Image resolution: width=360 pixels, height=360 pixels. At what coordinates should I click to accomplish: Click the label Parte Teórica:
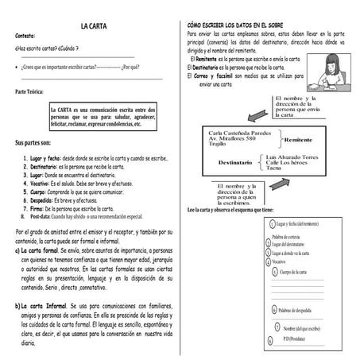tap(33, 92)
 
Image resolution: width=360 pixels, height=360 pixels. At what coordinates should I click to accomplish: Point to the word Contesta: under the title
tap(25, 36)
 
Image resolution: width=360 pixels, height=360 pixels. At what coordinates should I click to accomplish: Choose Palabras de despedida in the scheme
tap(302, 311)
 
